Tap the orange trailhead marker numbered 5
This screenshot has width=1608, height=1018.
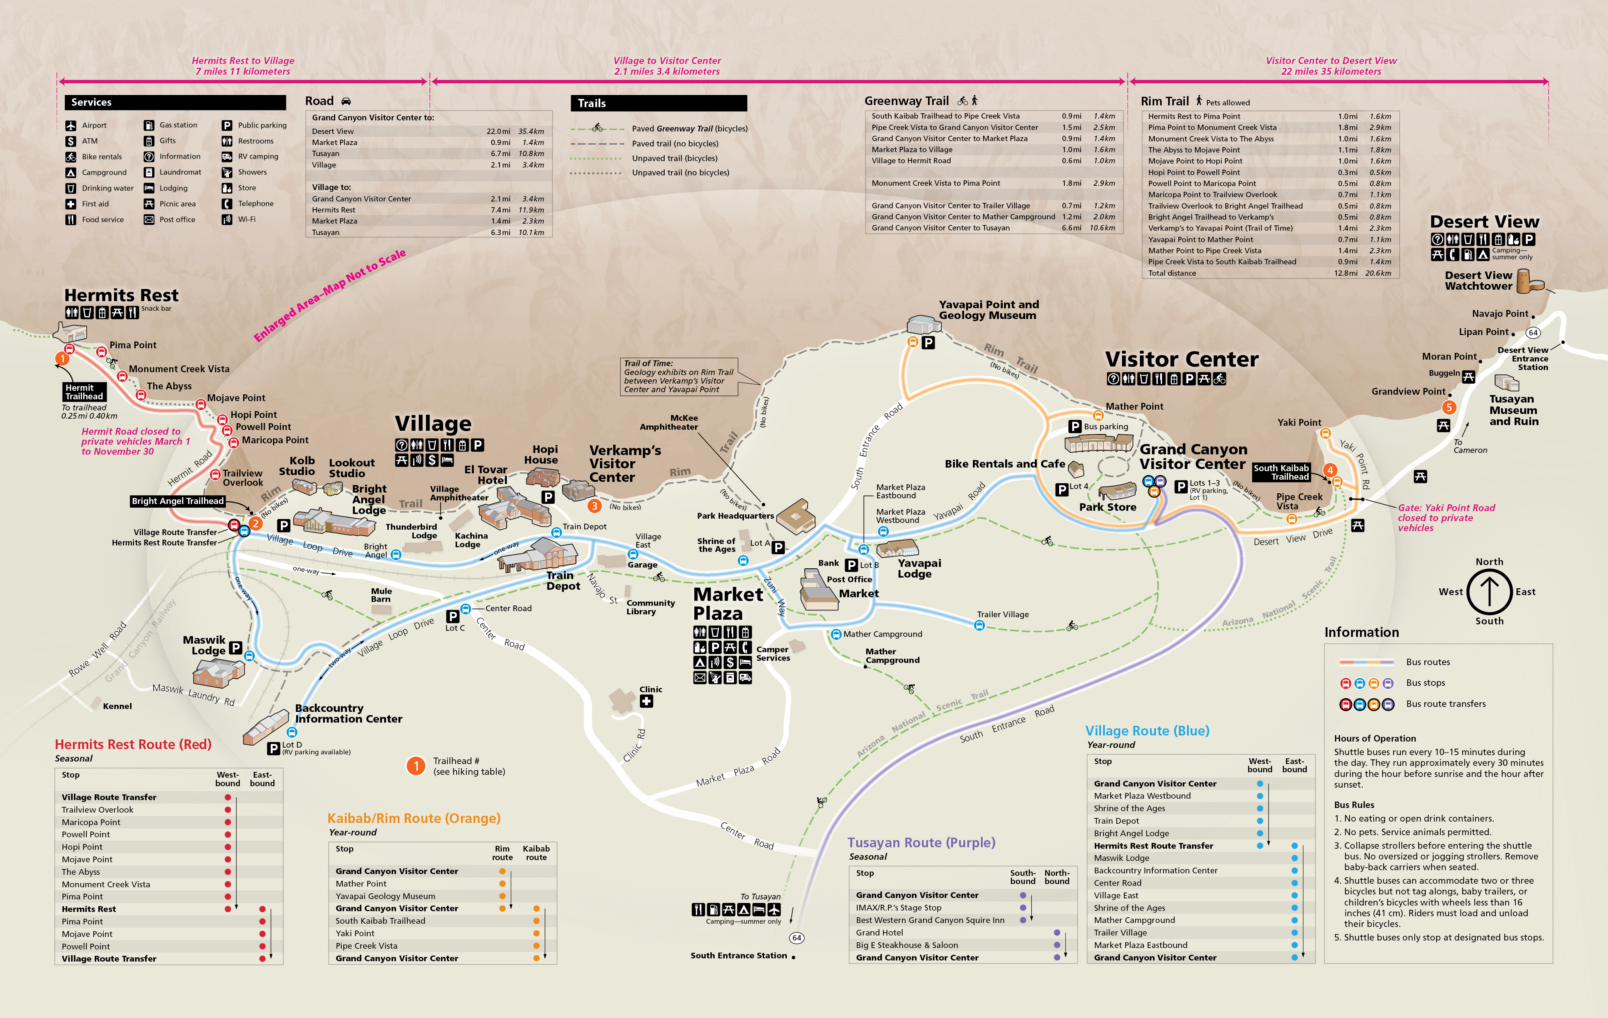(x=1448, y=407)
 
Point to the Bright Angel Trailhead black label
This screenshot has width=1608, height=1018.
(x=178, y=501)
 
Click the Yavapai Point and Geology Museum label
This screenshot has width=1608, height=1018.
(x=988, y=310)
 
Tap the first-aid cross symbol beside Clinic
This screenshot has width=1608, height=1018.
(x=646, y=701)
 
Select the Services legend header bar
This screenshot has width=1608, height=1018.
(x=175, y=102)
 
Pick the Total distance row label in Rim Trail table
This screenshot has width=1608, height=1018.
(x=1172, y=273)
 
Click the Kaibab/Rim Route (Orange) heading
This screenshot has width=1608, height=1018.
(x=413, y=818)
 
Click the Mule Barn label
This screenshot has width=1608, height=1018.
(x=381, y=595)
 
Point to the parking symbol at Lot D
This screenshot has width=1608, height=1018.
(x=273, y=748)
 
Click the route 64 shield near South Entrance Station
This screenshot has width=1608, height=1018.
(x=796, y=938)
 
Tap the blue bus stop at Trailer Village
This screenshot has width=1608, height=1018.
(x=979, y=625)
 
